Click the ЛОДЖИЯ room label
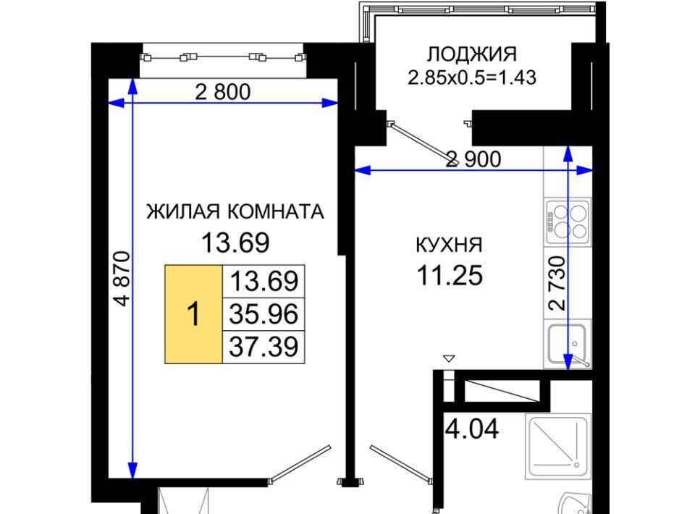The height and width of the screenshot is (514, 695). [471, 54]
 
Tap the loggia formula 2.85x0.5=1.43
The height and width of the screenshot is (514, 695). [471, 77]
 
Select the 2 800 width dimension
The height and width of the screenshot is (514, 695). [223, 92]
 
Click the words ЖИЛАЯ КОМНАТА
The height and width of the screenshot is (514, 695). [235, 212]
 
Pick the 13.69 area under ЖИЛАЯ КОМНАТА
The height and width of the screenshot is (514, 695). [235, 243]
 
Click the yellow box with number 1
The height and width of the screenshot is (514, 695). [193, 314]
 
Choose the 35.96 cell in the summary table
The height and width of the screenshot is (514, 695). [264, 314]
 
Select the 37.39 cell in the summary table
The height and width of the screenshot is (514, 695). [264, 347]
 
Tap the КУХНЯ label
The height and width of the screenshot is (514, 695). [449, 245]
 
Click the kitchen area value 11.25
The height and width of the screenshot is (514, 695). [450, 275]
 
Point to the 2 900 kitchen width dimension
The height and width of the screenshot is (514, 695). [473, 159]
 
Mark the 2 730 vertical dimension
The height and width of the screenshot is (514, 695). [557, 282]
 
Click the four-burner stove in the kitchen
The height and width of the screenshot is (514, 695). [568, 222]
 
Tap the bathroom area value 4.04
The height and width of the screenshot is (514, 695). [471, 429]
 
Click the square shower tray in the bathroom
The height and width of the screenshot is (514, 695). [558, 446]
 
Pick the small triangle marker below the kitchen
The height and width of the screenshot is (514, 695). [449, 358]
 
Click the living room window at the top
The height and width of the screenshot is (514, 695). [223, 57]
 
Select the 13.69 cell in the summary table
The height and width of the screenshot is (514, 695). [264, 282]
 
